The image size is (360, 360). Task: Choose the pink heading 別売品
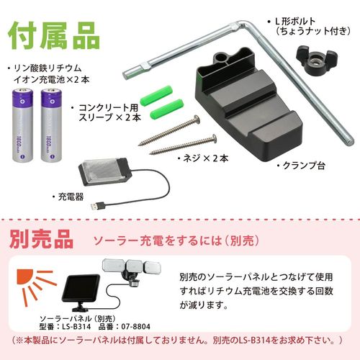pyautogui.click(x=42, y=236)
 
